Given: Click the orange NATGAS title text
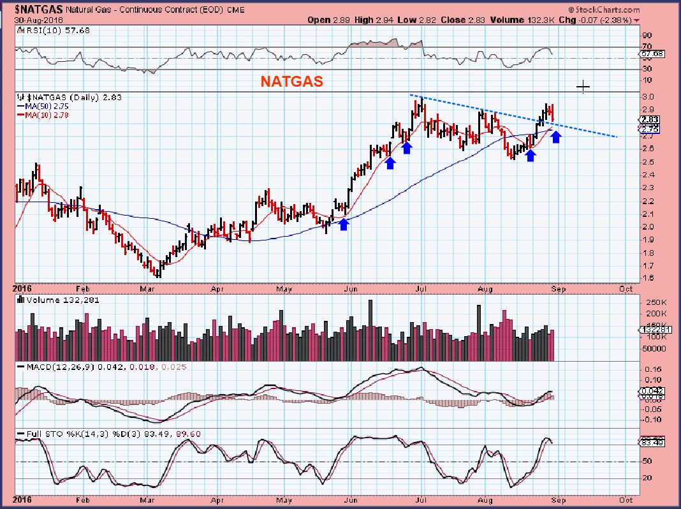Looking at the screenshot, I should (x=290, y=82).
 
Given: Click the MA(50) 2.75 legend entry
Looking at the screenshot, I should (x=43, y=107).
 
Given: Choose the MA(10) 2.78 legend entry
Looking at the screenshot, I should (x=43, y=115).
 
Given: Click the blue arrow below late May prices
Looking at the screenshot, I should (x=344, y=224).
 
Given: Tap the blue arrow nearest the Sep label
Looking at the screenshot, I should (x=556, y=136).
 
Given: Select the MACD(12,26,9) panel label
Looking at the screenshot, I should (x=61, y=368).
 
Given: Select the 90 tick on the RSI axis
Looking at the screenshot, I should (x=646, y=36).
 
